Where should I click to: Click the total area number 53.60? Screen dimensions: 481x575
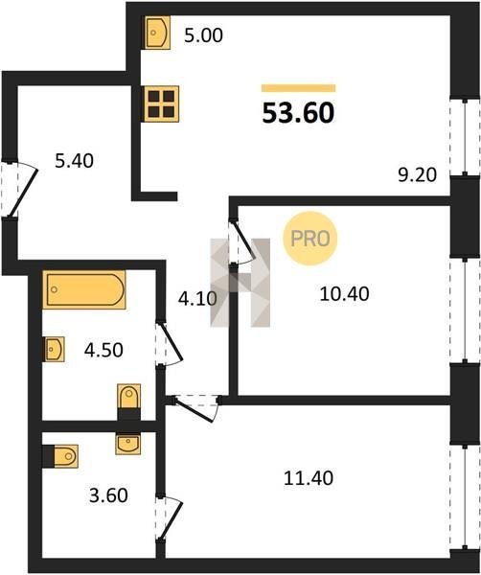click(x=298, y=112)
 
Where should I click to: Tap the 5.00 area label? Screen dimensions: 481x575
click(x=203, y=35)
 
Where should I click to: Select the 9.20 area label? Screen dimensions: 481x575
click(x=417, y=175)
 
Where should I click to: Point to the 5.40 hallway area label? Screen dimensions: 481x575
click(x=74, y=161)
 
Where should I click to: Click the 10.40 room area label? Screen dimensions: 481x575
click(x=344, y=294)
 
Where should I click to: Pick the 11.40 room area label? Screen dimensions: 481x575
click(x=309, y=478)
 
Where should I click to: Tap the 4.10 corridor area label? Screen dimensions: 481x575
click(x=197, y=299)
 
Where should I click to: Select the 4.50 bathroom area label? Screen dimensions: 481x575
click(x=103, y=350)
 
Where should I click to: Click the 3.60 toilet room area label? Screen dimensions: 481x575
click(x=108, y=495)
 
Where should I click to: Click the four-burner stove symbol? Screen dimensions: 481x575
click(x=161, y=103)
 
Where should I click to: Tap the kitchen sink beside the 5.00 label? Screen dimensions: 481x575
click(x=158, y=33)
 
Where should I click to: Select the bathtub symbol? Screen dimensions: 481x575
click(x=84, y=289)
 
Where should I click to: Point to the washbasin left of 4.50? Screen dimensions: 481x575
click(x=55, y=349)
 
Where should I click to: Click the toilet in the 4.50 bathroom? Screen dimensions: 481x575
click(x=128, y=397)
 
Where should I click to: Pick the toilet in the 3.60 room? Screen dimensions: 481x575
click(x=65, y=456)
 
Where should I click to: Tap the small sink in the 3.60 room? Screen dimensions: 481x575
click(x=127, y=445)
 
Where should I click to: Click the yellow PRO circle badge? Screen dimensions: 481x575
click(x=309, y=239)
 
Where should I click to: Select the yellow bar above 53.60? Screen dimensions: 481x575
click(x=298, y=88)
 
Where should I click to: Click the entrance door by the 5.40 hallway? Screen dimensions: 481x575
click(x=20, y=190)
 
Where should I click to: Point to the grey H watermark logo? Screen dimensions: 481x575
click(x=240, y=283)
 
